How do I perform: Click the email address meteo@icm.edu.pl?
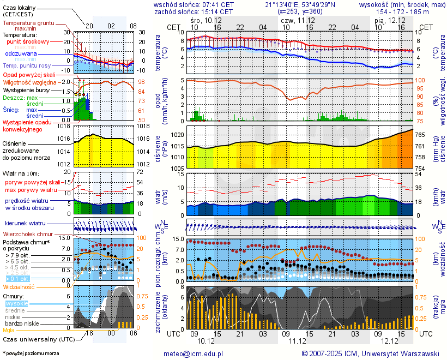[194, 353]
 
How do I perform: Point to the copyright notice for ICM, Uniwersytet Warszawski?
[370, 353]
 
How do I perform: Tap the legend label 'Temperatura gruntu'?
[27, 23]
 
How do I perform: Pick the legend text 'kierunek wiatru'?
[25, 224]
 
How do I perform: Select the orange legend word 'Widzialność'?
[19, 286]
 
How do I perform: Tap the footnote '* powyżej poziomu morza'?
[31, 353]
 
